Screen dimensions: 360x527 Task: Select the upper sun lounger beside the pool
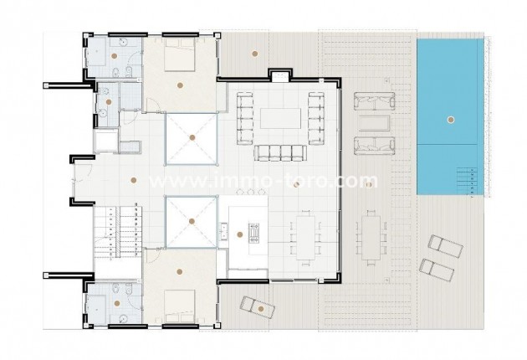pos(440,247)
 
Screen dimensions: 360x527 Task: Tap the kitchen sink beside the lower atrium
pos(223,228)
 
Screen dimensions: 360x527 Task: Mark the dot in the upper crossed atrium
pos(192,136)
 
